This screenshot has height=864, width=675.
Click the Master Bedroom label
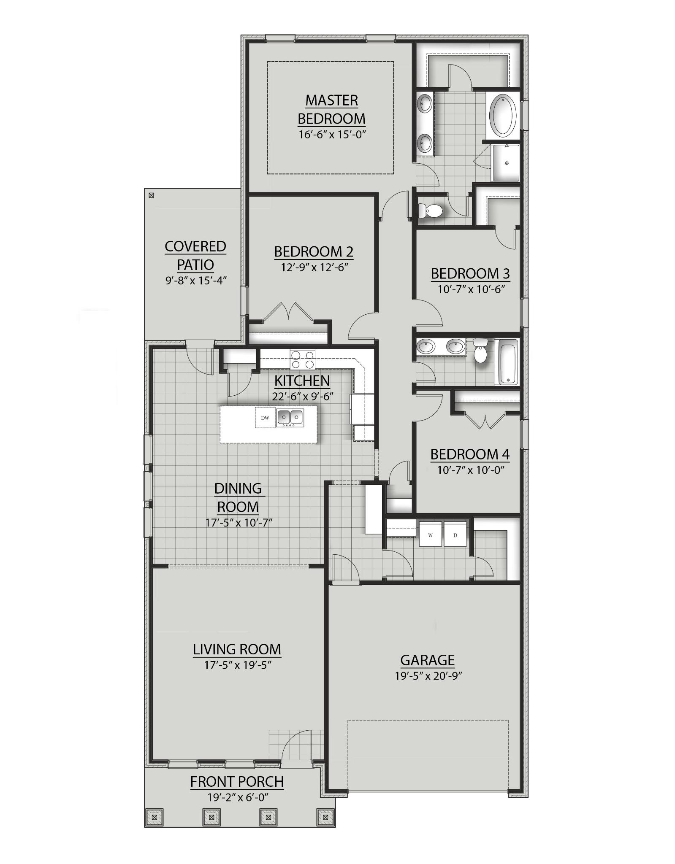[x=331, y=109]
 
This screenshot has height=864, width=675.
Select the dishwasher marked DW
[x=265, y=418]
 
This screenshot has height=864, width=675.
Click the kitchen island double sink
[x=290, y=418]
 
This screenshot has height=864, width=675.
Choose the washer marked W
[x=430, y=535]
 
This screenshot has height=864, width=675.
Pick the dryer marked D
[x=455, y=535]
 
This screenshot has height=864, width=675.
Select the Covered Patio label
[x=195, y=255]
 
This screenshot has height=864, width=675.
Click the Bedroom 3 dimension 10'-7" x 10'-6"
[x=471, y=289]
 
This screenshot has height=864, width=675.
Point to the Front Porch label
[x=237, y=782]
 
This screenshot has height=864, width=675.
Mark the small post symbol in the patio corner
[x=152, y=195]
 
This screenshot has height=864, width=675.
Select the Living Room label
[x=237, y=649]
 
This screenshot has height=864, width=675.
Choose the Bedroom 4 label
[x=470, y=454]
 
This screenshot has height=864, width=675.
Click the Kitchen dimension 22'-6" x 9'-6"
[x=303, y=397]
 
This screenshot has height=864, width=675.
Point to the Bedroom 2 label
[x=314, y=251]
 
